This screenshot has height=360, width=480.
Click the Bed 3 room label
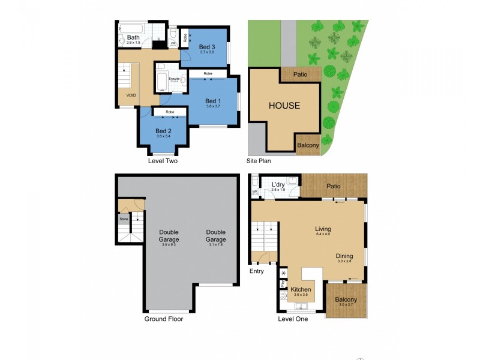pos(206,47)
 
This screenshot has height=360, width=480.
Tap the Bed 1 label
pos(214,100)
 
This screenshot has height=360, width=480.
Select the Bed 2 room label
pos(164,131)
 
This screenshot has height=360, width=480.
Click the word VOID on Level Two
pos(131,95)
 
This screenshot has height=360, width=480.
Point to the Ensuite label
pos(175,79)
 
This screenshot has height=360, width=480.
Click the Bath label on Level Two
pos(133,37)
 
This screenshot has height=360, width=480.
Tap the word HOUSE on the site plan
pos(284,106)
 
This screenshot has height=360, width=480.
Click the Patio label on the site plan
pos(300,74)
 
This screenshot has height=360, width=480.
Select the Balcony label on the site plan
pos(308,145)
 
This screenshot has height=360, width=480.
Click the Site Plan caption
pos(261,161)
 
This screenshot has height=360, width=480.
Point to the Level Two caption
pos(163,161)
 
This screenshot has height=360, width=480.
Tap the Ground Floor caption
pos(163,319)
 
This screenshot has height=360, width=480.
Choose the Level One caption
pos(293,319)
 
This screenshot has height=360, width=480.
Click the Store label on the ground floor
pos(124,219)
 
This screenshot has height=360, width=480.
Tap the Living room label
pos(323,229)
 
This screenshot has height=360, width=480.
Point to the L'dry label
pos(278,184)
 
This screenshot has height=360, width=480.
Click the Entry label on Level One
pos(257,271)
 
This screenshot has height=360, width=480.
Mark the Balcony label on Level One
pos(346,299)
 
